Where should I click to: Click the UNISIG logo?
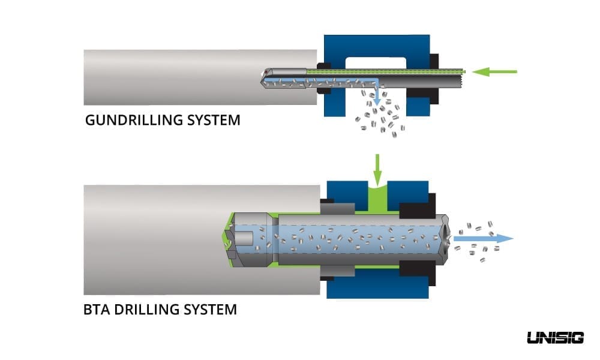click(555, 338)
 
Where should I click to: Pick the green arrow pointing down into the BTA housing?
click(377, 170)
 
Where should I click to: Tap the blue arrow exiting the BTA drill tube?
click(483, 238)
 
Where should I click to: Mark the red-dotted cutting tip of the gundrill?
click(264, 74)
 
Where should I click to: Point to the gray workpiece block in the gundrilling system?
click(180, 77)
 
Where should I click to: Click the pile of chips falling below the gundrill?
click(378, 117)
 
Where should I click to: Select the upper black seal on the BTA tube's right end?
click(416, 209)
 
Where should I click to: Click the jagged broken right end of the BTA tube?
click(445, 238)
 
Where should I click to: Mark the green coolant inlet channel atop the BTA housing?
click(377, 196)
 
